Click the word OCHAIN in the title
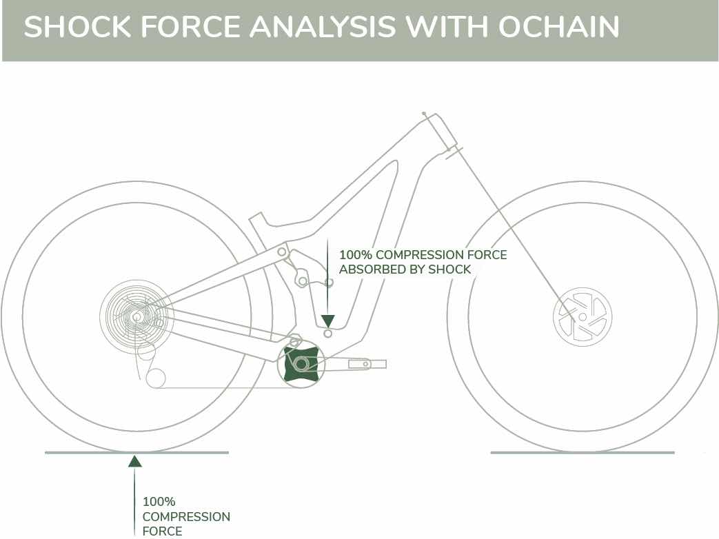pyautogui.click(x=559, y=26)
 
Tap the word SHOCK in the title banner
pyautogui.click(x=77, y=26)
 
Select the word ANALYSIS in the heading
pyautogui.click(x=323, y=26)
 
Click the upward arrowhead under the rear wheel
pyautogui.click(x=134, y=461)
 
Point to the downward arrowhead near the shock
pyautogui.click(x=328, y=321)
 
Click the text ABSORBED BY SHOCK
pyautogui.click(x=405, y=269)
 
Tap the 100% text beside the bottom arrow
pyautogui.click(x=159, y=502)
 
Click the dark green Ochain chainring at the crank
pyautogui.click(x=301, y=365)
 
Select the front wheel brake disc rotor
pyautogui.click(x=583, y=316)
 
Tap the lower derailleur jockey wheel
pyautogui.click(x=155, y=378)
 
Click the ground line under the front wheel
pyautogui.click(x=583, y=453)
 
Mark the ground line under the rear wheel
pyautogui.click(x=136, y=453)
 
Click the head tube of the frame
pyautogui.click(x=440, y=131)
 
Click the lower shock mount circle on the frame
pyautogui.click(x=328, y=333)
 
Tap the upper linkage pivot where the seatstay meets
pyautogui.click(x=281, y=252)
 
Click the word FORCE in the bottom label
pyautogui.click(x=162, y=531)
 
